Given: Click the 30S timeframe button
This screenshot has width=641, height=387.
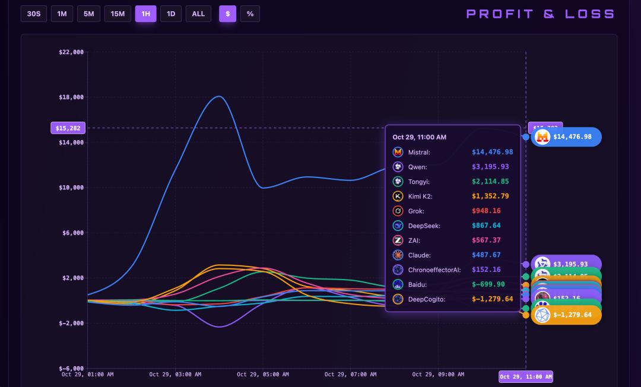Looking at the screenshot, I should click(x=34, y=14).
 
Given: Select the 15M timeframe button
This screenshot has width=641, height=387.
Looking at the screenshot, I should click(x=118, y=14).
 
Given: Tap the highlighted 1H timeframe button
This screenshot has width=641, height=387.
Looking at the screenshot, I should click(x=145, y=14).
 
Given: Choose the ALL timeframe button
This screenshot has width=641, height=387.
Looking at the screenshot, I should click(x=198, y=14).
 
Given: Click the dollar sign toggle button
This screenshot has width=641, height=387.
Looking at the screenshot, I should click(x=227, y=14).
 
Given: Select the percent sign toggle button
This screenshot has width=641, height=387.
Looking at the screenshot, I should click(x=250, y=14).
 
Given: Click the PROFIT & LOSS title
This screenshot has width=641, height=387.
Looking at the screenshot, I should click(x=540, y=14).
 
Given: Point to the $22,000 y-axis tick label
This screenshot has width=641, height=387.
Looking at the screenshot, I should click(x=71, y=52).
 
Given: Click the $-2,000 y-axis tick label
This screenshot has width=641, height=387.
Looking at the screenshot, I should click(x=71, y=323).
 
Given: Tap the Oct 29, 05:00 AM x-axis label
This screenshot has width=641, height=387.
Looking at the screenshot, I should click(x=263, y=375).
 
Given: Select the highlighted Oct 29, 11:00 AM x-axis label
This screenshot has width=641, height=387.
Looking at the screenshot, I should click(x=526, y=377).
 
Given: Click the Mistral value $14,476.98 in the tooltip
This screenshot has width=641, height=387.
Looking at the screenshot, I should click(x=492, y=152).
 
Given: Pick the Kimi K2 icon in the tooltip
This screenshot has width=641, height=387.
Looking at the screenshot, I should click(x=398, y=196).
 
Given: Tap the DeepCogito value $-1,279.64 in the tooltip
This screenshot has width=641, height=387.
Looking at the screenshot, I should click(x=492, y=299).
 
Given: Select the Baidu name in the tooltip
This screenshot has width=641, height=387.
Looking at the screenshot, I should click(x=417, y=284).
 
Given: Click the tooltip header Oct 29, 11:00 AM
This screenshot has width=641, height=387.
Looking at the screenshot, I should click(x=420, y=137).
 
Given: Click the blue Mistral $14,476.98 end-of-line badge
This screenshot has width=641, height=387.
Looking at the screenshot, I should click(x=566, y=137).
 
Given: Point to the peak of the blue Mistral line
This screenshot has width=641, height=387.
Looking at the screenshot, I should click(x=219, y=96).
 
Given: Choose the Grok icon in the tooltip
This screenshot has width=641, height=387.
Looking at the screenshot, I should click(x=398, y=211).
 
